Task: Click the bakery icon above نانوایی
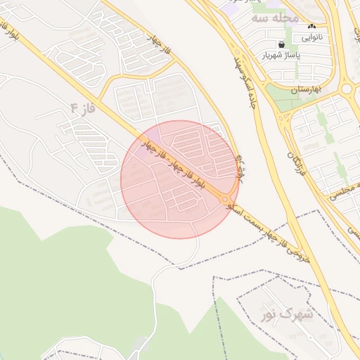(311, 26)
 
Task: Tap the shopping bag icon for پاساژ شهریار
(281, 44)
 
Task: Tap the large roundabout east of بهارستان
(347, 89)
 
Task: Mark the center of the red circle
(180, 179)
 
